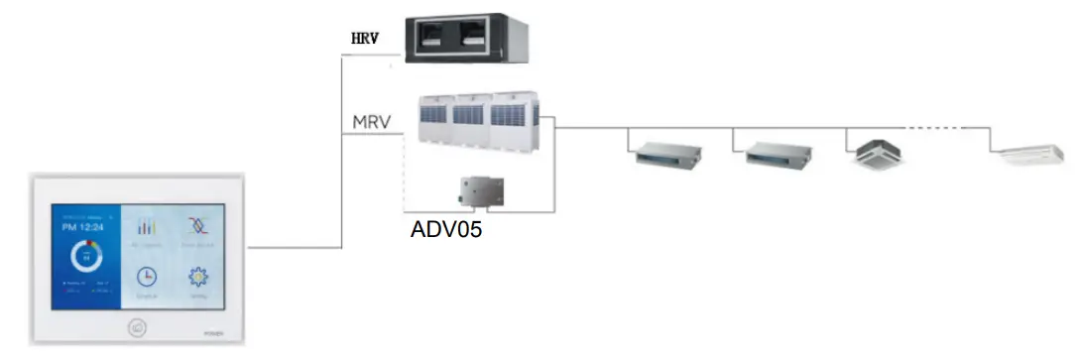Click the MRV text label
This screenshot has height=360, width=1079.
(372, 123)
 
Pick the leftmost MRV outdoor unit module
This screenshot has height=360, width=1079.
(433, 122)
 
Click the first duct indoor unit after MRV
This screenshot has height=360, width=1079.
(666, 154)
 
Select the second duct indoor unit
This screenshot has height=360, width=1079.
(779, 154)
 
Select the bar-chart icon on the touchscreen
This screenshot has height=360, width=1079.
(146, 225)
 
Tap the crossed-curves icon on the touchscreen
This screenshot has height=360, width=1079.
(198, 224)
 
